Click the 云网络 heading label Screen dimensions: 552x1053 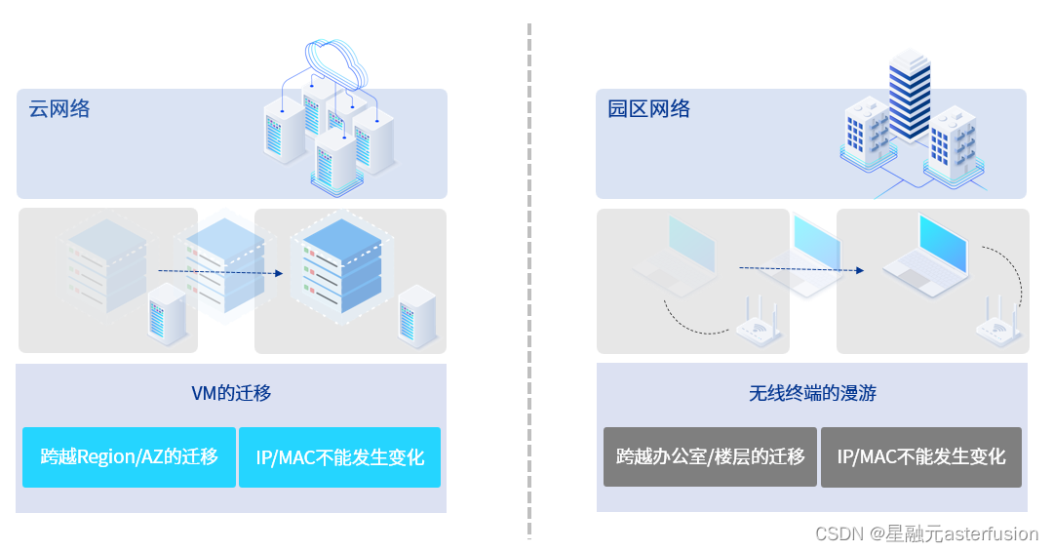(x=59, y=109)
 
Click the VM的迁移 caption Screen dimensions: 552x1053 (x=231, y=393)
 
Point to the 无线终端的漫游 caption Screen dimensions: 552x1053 (x=812, y=393)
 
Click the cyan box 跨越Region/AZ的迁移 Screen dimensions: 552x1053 (x=129, y=456)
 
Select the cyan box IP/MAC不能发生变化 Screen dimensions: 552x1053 (x=339, y=456)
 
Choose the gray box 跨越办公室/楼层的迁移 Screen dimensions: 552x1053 (x=710, y=456)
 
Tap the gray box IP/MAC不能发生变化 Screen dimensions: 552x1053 (x=921, y=456)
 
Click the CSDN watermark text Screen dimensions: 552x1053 (x=926, y=533)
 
